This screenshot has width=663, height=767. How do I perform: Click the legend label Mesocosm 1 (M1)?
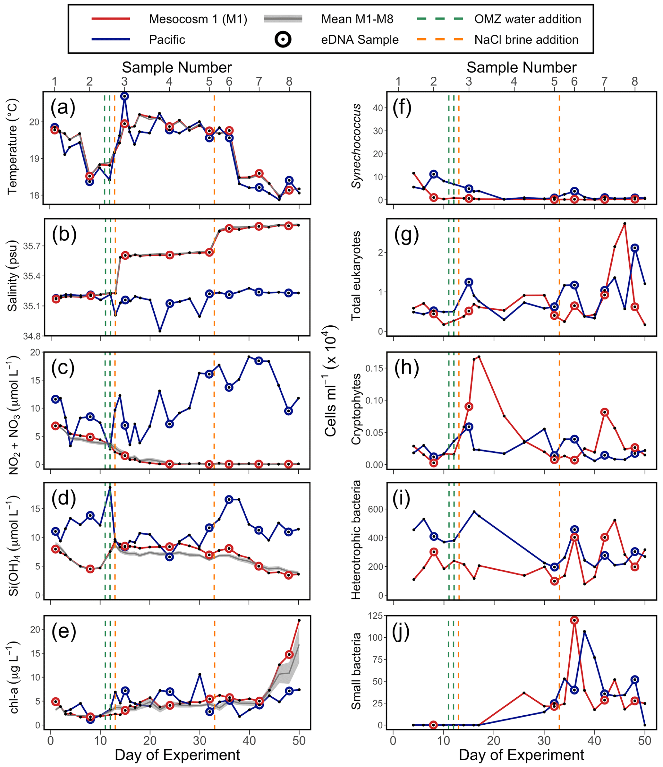tap(198, 19)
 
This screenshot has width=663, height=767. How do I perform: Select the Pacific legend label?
tap(167, 39)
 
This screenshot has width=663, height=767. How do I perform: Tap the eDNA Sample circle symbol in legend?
tap(283, 39)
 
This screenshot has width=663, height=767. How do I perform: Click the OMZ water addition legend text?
tap(528, 19)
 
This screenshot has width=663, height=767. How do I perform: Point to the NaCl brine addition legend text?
tap(526, 39)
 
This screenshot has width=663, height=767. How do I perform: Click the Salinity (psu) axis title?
tap(13, 276)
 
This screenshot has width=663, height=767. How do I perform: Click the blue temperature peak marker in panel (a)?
tap(125, 96)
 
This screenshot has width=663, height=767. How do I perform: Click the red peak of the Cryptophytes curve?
tap(479, 357)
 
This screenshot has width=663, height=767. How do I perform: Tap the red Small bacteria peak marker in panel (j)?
tap(574, 620)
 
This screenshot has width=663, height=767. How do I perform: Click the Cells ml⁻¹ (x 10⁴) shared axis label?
tap(330, 381)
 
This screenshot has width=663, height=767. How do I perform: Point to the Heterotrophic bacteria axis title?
tap(356, 540)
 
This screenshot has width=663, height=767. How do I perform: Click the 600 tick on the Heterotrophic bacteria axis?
tap(376, 509)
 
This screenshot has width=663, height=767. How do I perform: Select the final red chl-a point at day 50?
tap(299, 620)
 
